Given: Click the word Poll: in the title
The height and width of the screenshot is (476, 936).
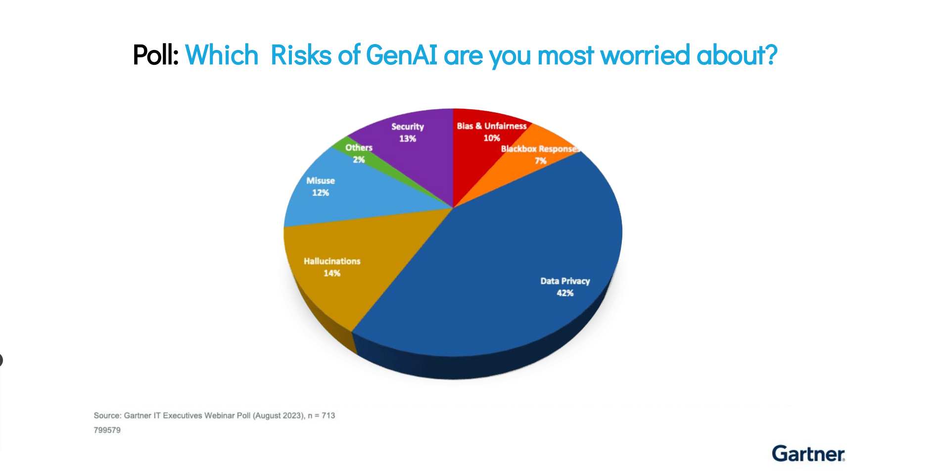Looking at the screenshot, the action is click(x=155, y=55).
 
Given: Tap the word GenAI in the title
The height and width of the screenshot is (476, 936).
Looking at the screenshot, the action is click(x=402, y=55).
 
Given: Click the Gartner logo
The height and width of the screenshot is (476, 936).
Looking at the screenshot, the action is click(x=809, y=454).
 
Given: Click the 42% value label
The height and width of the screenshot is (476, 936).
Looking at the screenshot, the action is click(x=565, y=293).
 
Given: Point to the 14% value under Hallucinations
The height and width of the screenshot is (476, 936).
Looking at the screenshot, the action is click(x=332, y=273).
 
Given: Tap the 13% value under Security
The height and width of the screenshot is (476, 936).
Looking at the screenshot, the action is click(x=408, y=139).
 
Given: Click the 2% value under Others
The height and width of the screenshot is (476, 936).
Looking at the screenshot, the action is click(x=359, y=159).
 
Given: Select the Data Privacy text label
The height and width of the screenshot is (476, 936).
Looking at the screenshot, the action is click(x=565, y=281).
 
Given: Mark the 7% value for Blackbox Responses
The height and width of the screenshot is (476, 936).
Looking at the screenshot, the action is click(x=540, y=161).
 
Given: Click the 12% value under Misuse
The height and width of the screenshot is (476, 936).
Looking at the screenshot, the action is click(x=321, y=192).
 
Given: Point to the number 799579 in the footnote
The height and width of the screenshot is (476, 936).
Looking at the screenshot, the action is click(x=107, y=430).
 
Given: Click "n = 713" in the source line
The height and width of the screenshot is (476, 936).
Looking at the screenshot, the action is click(x=322, y=416).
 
